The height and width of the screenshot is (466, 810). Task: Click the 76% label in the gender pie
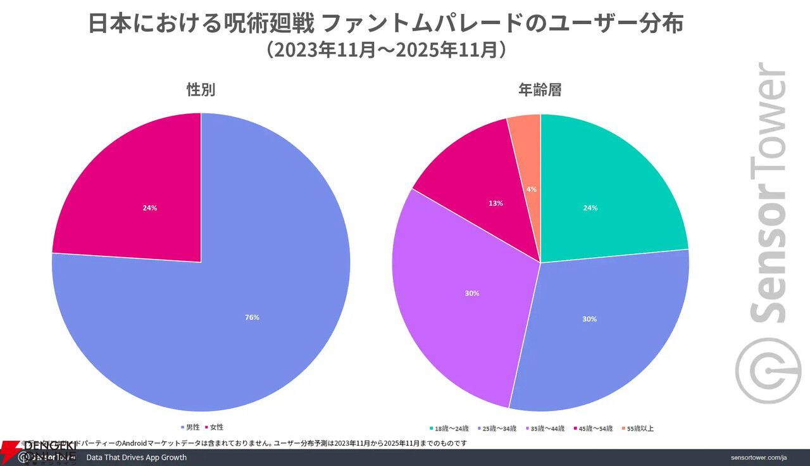[252, 318]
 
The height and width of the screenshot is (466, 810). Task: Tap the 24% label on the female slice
[149, 208]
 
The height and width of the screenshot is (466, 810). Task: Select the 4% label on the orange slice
[532, 189]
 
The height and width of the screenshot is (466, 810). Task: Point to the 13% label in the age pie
[495, 203]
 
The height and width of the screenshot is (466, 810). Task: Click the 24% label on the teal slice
[590, 208]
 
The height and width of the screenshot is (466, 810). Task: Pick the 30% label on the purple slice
[471, 294]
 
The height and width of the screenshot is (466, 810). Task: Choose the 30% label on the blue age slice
[589, 319]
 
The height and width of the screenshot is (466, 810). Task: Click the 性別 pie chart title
[201, 90]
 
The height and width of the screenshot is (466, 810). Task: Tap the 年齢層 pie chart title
[540, 90]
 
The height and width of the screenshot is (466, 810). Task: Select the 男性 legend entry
[192, 427]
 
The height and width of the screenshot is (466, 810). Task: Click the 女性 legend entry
[216, 427]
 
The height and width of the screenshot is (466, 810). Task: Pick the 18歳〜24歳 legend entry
[452, 429]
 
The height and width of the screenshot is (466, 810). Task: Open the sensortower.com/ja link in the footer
[757, 457]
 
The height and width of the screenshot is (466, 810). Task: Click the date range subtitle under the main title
[385, 50]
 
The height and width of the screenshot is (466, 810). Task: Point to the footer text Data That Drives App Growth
[136, 457]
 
